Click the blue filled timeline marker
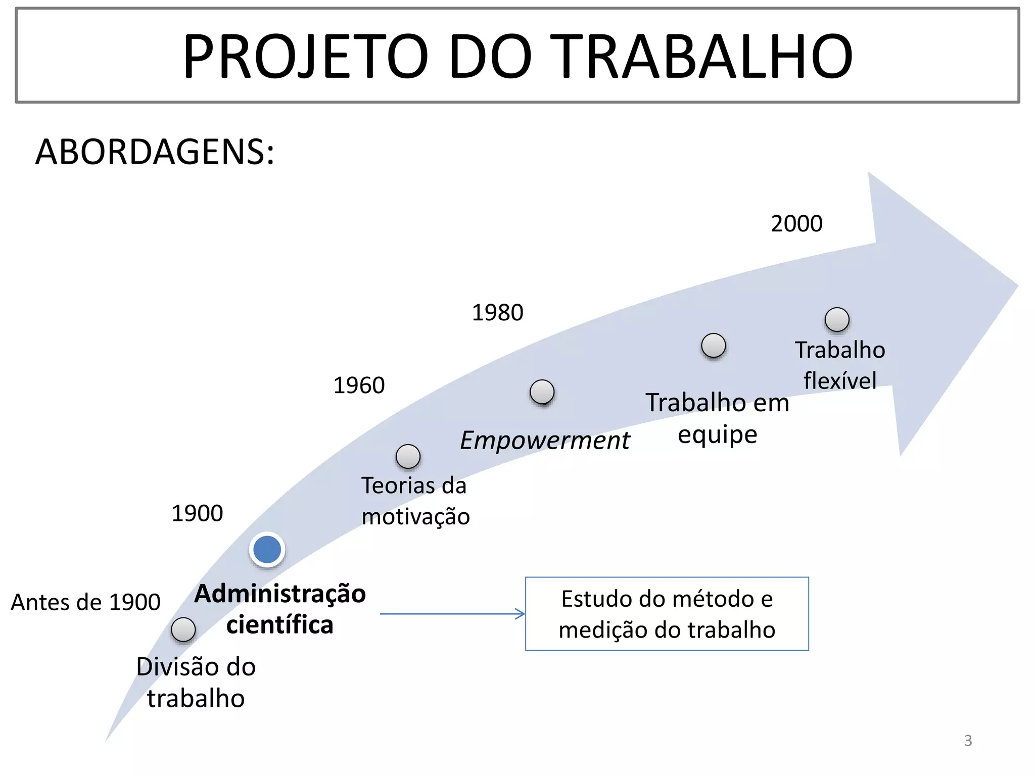tap(267, 550)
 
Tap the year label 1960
tap(359, 385)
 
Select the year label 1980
tap(497, 313)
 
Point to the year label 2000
tap(796, 224)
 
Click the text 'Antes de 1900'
tap(85, 602)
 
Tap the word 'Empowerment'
tap(545, 440)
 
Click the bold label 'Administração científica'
tap(280, 609)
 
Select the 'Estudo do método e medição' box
tap(667, 614)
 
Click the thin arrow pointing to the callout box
tap(452, 614)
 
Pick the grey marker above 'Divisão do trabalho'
tap(183, 629)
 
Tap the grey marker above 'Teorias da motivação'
tap(408, 457)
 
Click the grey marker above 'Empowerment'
tap(542, 392)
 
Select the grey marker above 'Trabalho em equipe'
tap(714, 346)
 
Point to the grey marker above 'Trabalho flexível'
tap(837, 319)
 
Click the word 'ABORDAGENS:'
tap(155, 152)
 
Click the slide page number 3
tap(968, 741)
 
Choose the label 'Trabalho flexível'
tap(840, 365)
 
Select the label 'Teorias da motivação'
tap(415, 501)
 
